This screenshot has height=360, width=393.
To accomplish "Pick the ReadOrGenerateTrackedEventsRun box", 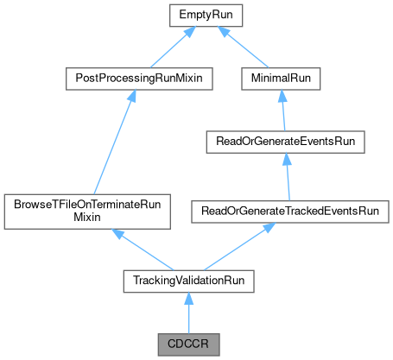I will (295, 210).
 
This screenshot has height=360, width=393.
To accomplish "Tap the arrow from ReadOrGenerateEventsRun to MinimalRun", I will (284, 111).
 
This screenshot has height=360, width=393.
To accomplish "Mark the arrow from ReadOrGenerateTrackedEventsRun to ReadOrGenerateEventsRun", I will (288, 173).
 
